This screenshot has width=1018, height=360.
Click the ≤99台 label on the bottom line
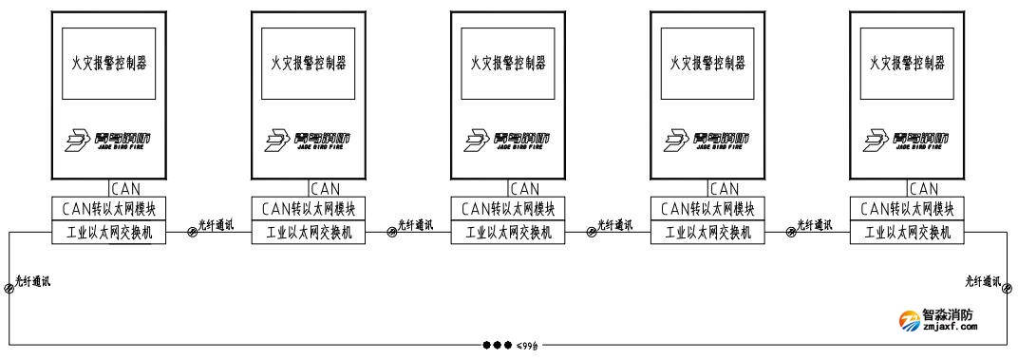click(528, 346)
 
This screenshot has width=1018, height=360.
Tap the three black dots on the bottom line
click(498, 345)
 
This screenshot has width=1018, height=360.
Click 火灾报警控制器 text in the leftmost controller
click(107, 63)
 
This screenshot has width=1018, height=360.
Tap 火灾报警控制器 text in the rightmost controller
click(906, 63)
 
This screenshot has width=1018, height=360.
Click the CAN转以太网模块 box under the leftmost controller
click(107, 208)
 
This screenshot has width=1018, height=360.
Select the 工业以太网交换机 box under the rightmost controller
click(906, 233)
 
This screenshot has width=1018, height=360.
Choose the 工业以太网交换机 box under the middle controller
click(507, 233)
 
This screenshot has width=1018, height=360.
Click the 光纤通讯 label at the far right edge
click(986, 281)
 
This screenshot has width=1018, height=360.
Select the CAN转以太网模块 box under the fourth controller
click(707, 208)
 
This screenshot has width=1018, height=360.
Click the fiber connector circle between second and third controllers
click(392, 232)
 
